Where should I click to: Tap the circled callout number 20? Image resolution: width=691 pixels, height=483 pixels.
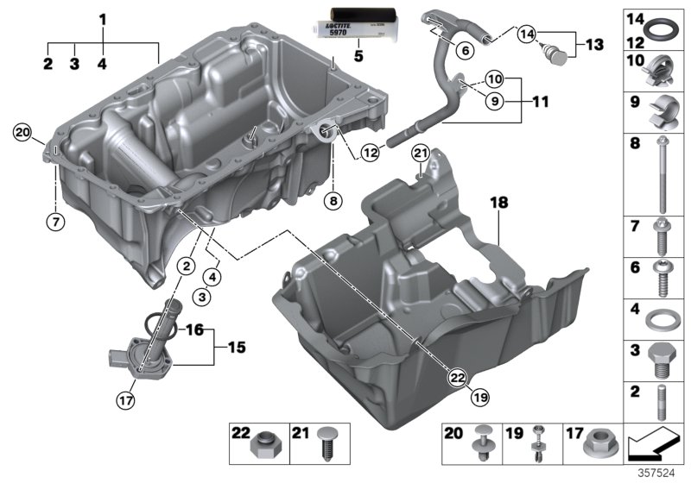coord(22,132)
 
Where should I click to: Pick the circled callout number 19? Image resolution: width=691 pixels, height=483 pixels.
coord(479,397)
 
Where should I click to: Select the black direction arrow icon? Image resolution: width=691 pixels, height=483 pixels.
coord(654,447)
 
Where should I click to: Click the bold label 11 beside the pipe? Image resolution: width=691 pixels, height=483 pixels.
coord(540,101)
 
